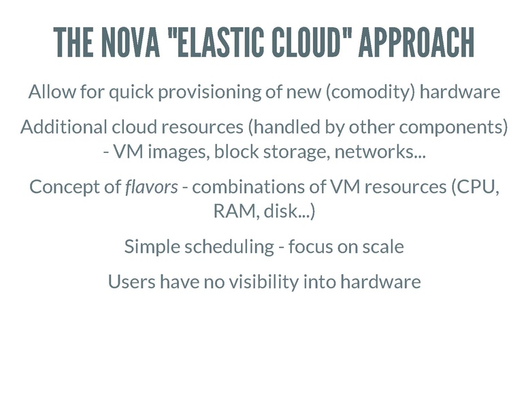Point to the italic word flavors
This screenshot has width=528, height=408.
151,187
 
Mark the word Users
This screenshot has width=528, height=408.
131,282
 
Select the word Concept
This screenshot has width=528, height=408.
65,187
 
